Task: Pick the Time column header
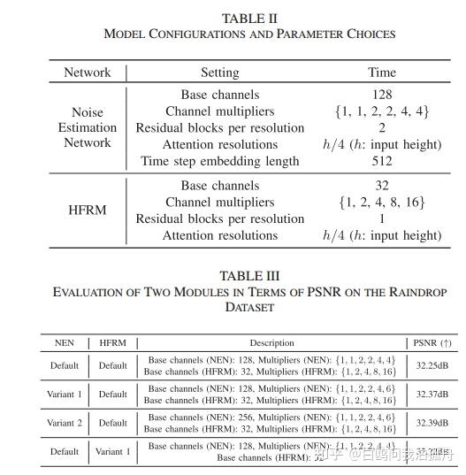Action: [x=383, y=73]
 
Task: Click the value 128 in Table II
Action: [x=383, y=95]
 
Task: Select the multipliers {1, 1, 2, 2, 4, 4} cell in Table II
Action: [x=383, y=111]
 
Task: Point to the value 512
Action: [x=383, y=161]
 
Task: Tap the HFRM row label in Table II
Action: [x=88, y=211]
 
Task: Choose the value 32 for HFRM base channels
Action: [x=383, y=186]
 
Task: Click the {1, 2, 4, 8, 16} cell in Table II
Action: [x=383, y=203]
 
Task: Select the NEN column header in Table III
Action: [x=65, y=342]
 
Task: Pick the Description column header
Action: [x=271, y=342]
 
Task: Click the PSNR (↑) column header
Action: [x=432, y=342]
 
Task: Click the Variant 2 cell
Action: [x=65, y=423]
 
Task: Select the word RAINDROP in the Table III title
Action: [x=410, y=291]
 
